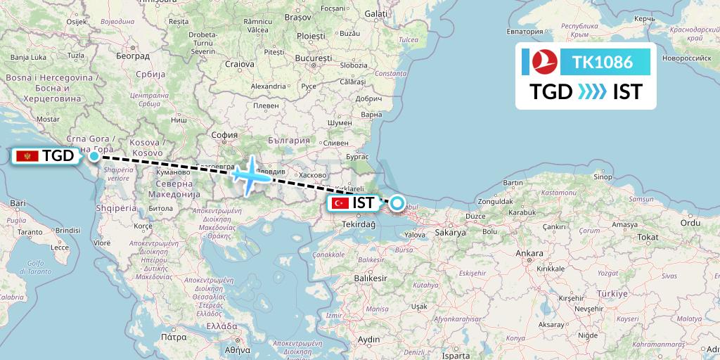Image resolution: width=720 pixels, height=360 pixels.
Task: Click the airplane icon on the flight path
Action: pyautogui.click(x=250, y=175)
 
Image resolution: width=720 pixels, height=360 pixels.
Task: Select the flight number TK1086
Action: pyautogui.click(x=603, y=62)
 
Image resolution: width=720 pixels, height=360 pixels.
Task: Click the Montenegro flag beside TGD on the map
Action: pyautogui.click(x=30, y=156)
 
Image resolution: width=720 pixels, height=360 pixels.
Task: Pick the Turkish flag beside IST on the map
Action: pyautogui.click(x=341, y=203)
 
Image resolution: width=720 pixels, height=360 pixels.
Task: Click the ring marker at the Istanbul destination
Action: pyautogui.click(x=397, y=204)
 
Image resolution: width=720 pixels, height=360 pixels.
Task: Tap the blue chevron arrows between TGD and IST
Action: pyautogui.click(x=592, y=92)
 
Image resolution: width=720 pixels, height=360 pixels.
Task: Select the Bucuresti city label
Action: pyautogui.click(x=314, y=58)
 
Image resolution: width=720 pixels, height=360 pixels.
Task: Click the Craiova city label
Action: pyautogui.click(x=240, y=64)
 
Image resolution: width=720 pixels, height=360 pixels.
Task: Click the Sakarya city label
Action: pyautogui.click(x=451, y=232)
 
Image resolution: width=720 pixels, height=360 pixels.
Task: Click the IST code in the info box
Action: pyautogui.click(x=627, y=92)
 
